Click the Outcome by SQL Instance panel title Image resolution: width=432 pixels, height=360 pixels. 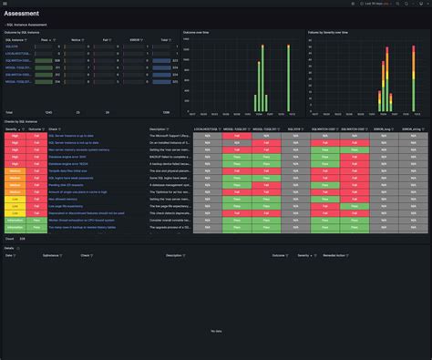26,32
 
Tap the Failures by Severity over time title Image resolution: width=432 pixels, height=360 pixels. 327,32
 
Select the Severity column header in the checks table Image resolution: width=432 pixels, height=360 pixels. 12,129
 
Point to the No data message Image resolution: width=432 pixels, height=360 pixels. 216,330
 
